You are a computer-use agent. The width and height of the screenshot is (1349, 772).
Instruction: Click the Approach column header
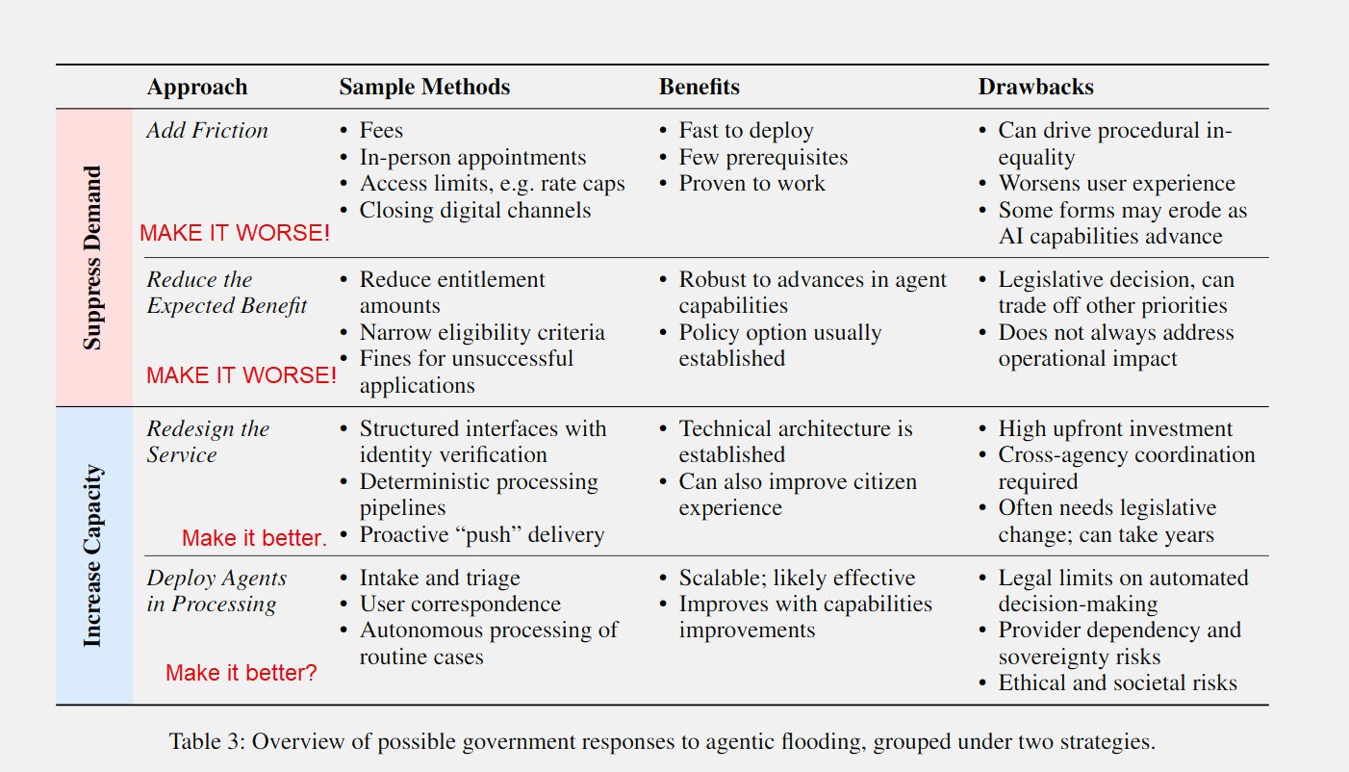point(197,88)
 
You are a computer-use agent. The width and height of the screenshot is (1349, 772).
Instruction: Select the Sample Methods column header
point(424,87)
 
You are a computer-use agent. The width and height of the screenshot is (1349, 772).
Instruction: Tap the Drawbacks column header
point(1036,87)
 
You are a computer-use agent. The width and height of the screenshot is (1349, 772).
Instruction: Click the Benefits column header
point(700,87)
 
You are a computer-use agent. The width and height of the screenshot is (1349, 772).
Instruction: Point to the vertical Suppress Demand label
point(92,257)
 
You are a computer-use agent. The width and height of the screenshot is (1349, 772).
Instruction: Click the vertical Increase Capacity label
point(92,555)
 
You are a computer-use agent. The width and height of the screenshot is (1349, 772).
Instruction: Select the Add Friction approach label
point(207,130)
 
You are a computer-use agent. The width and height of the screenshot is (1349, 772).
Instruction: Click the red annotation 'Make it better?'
point(241,673)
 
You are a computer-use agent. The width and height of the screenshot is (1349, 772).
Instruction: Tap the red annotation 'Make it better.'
point(254,537)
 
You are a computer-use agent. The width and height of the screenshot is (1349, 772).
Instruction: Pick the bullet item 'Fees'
point(381,130)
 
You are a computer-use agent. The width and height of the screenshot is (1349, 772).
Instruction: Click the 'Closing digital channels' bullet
point(475,210)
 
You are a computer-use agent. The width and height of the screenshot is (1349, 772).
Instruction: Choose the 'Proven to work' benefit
point(751,183)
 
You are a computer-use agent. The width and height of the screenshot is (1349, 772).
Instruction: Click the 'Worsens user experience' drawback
point(1116,183)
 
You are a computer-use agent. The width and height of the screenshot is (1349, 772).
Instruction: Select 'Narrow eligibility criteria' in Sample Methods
point(482,332)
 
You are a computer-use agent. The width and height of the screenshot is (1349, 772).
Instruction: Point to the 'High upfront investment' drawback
point(1115,428)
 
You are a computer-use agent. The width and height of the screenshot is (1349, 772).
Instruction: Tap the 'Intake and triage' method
point(440,578)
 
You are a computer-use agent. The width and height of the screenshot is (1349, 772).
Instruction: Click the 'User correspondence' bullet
point(460,604)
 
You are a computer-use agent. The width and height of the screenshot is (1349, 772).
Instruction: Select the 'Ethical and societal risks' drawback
point(1118,682)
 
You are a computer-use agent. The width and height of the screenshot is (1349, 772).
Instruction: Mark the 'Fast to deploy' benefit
point(746,130)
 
